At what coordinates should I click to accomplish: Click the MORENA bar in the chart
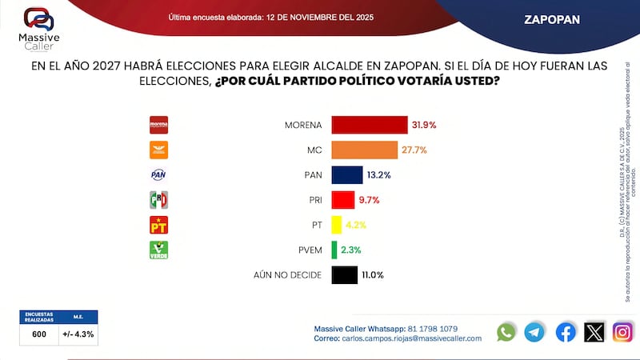pyautogui.click(x=370, y=125)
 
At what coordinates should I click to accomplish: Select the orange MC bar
pyautogui.click(x=365, y=150)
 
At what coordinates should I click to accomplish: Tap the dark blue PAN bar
pyautogui.click(x=347, y=174)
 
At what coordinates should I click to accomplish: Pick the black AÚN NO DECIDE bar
pyautogui.click(x=344, y=274)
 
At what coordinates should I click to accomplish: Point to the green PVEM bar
pyautogui.click(x=334, y=250)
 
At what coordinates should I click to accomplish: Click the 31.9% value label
pyautogui.click(x=424, y=125)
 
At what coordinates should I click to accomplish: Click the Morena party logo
pyautogui.click(x=159, y=125)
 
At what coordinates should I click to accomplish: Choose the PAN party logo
pyautogui.click(x=159, y=174)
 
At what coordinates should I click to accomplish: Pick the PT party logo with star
pyautogui.click(x=159, y=225)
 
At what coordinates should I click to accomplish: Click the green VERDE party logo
pyautogui.click(x=159, y=250)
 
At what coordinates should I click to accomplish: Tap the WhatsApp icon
pyautogui.click(x=506, y=332)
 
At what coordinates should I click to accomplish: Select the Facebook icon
pyautogui.click(x=566, y=332)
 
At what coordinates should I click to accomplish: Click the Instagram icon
pyautogui.click(x=622, y=332)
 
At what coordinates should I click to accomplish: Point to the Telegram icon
pyautogui.click(x=534, y=332)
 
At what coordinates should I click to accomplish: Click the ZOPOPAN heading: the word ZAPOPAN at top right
pyautogui.click(x=552, y=18)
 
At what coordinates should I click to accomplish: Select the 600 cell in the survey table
pyautogui.click(x=38, y=334)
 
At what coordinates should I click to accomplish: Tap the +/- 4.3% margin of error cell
pyautogui.click(x=78, y=334)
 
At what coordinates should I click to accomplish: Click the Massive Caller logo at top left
pyautogui.click(x=38, y=26)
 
